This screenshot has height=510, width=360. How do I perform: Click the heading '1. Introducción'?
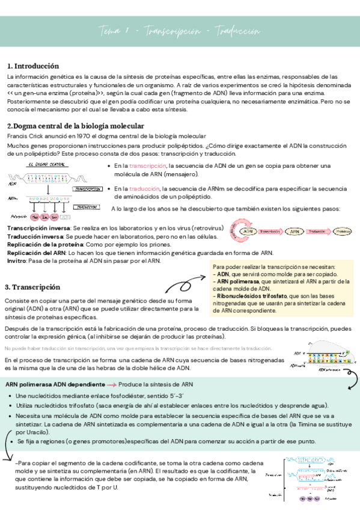point(32,66)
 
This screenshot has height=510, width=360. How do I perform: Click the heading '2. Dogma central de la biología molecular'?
point(75,126)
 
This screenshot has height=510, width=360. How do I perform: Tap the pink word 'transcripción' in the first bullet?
point(147,165)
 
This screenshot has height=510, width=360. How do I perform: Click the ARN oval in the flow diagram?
point(293,231)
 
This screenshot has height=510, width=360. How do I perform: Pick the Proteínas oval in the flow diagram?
point(343,231)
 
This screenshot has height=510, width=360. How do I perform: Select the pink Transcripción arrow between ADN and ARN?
point(270,231)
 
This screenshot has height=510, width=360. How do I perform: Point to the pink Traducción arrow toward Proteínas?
point(317,231)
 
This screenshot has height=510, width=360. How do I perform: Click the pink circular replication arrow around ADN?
point(237,231)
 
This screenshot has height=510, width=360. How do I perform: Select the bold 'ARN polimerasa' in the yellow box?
point(239,281)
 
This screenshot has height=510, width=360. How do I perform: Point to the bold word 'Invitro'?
point(17,261)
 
